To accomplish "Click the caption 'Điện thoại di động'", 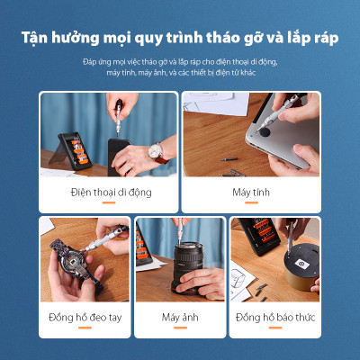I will coord(112,192).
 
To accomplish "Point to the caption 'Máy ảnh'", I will coord(180,318).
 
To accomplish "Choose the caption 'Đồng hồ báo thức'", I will coord(276,318).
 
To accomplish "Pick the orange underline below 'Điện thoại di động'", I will coord(112,203).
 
